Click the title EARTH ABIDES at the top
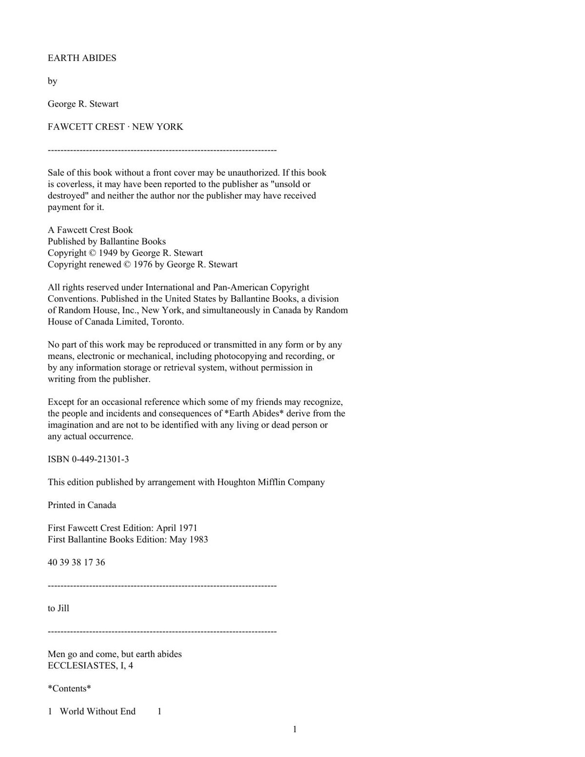click(x=82, y=58)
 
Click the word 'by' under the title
click(x=52, y=81)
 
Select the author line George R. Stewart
click(x=83, y=104)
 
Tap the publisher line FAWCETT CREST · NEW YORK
click(x=115, y=127)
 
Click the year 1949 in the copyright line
click(x=108, y=253)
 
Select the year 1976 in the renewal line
click(x=142, y=265)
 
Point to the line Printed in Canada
click(x=82, y=505)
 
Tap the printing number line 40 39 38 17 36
click(x=76, y=563)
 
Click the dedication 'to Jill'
click(x=58, y=608)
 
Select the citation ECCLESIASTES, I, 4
click(x=90, y=666)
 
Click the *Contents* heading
click(x=69, y=689)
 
